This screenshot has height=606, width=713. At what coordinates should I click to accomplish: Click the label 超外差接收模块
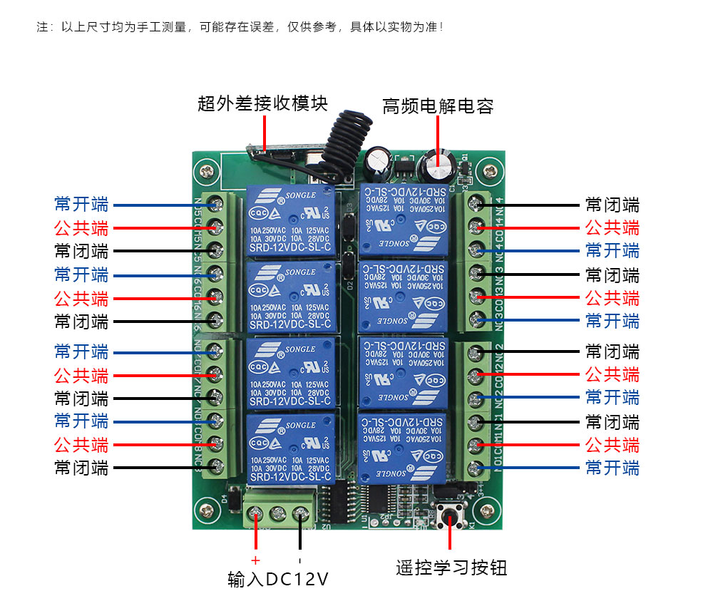(262, 104)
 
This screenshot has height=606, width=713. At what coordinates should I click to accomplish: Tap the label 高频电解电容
(438, 107)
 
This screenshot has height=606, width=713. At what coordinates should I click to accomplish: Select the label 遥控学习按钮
(451, 568)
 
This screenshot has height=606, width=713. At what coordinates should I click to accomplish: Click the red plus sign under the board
(255, 559)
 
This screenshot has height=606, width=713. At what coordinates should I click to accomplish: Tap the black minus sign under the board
(300, 560)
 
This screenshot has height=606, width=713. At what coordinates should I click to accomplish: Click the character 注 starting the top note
(41, 27)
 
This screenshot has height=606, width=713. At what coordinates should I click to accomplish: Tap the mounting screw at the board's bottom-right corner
(488, 511)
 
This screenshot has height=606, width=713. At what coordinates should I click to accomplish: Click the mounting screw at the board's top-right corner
(489, 171)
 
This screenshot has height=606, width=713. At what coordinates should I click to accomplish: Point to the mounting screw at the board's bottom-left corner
(207, 510)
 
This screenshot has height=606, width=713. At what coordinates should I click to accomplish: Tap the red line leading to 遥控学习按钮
(451, 538)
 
